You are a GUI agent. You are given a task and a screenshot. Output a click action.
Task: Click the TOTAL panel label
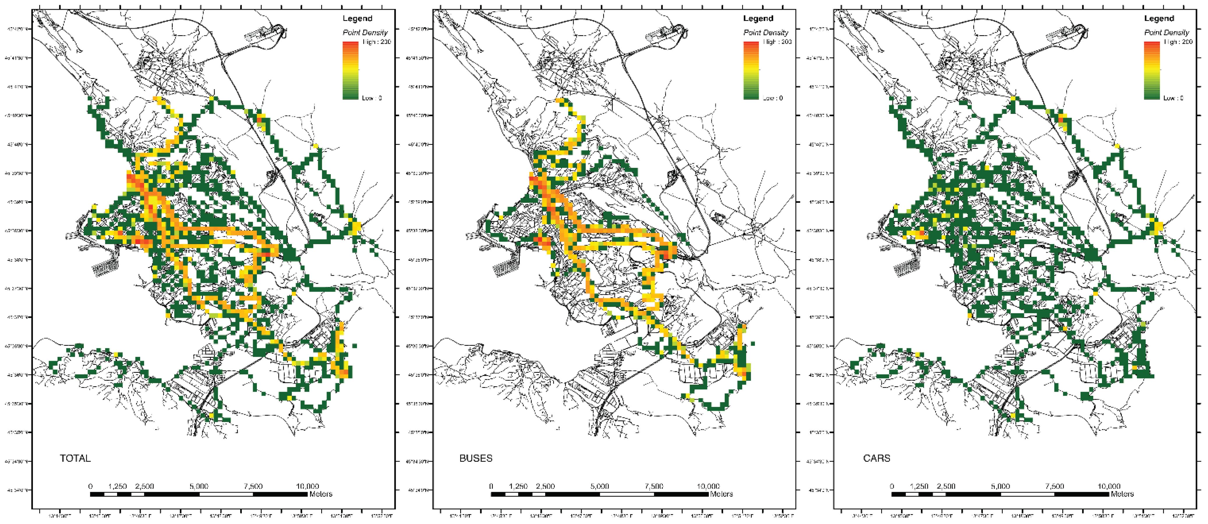tap(75, 458)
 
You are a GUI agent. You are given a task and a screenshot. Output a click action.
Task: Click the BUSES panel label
tap(476, 458)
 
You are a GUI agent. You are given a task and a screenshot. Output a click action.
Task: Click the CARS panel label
tap(877, 458)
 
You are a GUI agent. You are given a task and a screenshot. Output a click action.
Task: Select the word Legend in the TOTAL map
tap(357, 18)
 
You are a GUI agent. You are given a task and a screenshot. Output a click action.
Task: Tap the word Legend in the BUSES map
tap(758, 18)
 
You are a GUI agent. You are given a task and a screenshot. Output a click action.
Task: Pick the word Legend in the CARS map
tap(1159, 18)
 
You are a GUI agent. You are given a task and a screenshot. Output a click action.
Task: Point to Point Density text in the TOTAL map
tap(365, 32)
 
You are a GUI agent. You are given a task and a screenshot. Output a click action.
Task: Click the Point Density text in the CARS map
tap(1166, 32)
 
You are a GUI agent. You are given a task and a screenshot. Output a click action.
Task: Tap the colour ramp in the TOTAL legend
tap(350, 70)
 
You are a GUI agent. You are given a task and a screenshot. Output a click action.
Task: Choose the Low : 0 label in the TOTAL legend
tap(371, 98)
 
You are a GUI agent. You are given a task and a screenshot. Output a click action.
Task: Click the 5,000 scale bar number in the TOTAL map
tap(199, 486)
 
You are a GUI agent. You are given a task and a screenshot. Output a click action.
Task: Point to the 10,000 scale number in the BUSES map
tap(708, 486)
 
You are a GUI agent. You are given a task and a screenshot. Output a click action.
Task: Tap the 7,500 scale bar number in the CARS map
tap(1055, 486)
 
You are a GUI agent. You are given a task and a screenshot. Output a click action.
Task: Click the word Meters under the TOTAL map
tap(321, 494)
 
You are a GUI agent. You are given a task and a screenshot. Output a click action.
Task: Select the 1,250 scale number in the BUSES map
tap(518, 486)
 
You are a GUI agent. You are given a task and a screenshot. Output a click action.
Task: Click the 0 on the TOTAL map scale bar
tap(91, 486)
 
